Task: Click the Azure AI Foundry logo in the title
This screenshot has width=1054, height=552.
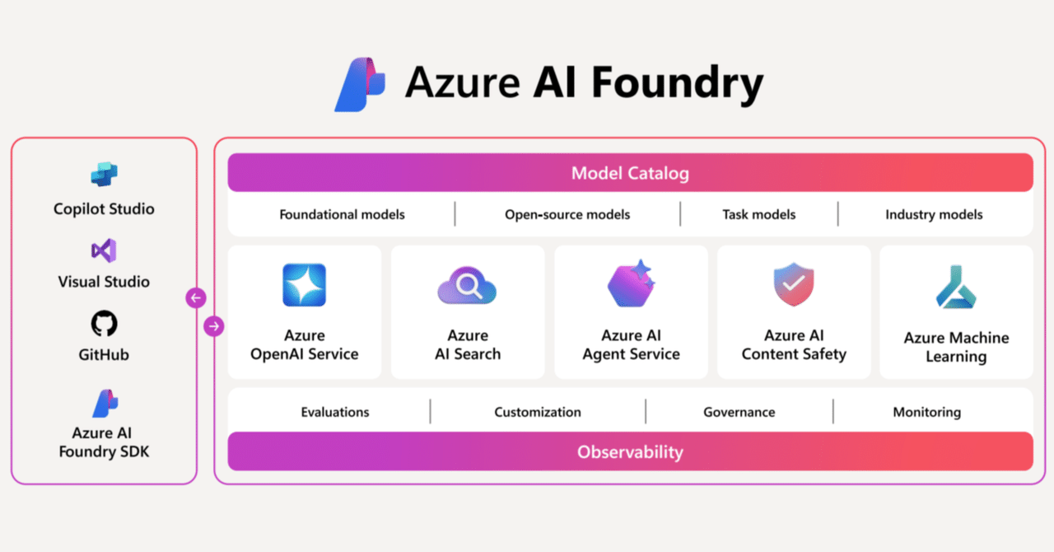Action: click(x=361, y=84)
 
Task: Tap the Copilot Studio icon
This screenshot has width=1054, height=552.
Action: click(x=104, y=175)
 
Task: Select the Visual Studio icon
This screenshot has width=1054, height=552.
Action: click(x=104, y=250)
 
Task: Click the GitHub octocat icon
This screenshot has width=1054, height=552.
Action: click(x=104, y=324)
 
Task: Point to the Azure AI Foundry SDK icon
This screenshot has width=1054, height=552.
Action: click(x=105, y=403)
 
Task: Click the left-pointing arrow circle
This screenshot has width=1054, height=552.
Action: click(x=196, y=297)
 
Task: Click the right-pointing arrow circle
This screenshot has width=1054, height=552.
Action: click(x=214, y=326)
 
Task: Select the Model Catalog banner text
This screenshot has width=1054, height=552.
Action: click(x=630, y=173)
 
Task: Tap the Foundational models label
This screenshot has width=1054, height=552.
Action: click(x=342, y=214)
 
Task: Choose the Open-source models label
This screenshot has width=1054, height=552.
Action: click(x=567, y=214)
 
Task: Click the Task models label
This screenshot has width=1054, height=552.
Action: click(x=758, y=214)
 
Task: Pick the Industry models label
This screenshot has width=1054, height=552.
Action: click(x=934, y=214)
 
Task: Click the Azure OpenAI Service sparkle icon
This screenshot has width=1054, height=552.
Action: click(x=304, y=285)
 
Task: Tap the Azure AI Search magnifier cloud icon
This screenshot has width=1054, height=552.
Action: click(x=467, y=287)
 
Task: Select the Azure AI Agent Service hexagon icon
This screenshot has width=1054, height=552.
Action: click(x=631, y=284)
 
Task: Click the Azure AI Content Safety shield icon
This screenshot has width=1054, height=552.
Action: click(x=793, y=285)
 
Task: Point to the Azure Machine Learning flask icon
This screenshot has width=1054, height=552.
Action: click(x=956, y=288)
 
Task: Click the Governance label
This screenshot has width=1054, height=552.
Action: click(x=739, y=412)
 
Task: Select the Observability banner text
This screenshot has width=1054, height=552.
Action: click(x=630, y=451)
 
